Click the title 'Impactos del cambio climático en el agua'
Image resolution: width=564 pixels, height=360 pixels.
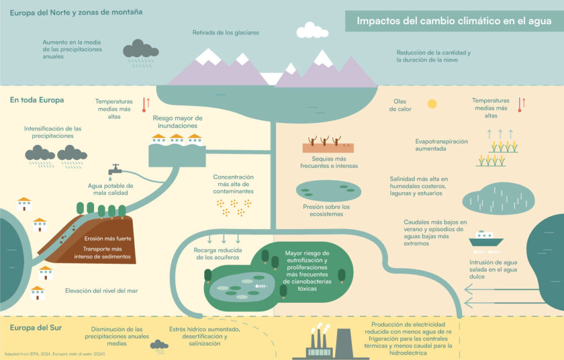tap(454, 21)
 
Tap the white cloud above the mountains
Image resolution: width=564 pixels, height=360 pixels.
tap(312, 30)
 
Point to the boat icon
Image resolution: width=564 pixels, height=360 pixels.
tap(486, 238)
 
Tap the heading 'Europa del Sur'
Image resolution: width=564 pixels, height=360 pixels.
tap(36, 328)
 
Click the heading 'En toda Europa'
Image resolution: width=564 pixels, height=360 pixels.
tap(37, 100)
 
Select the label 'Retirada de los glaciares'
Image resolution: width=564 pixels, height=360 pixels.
tap(225, 32)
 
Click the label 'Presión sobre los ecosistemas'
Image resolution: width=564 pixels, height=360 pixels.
tap(327, 210)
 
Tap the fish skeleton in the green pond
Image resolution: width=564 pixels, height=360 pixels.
tap(261, 287)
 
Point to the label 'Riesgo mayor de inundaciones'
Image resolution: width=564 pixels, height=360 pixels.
tap(177, 122)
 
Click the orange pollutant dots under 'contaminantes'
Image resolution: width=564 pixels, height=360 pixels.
tap(234, 207)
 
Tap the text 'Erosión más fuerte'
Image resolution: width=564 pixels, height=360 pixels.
tap(107, 239)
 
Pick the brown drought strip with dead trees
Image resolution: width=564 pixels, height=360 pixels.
tap(328, 145)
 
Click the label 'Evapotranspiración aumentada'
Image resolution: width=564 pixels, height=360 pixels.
tap(441, 145)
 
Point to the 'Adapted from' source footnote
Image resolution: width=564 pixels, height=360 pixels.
tap(54, 353)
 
